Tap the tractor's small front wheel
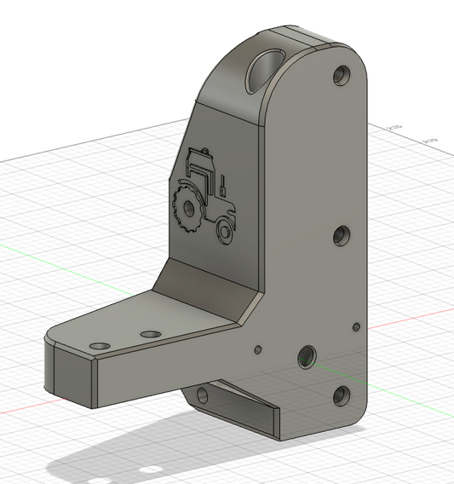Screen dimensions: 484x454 click(225, 229)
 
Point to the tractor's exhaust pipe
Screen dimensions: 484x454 click(223, 182)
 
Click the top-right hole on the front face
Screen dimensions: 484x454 click(342, 76)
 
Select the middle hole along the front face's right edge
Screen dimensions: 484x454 click(342, 236)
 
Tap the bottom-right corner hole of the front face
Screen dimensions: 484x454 click(341, 395)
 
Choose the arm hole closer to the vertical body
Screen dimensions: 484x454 click(152, 333)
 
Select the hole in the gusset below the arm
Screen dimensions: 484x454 click(202, 395)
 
